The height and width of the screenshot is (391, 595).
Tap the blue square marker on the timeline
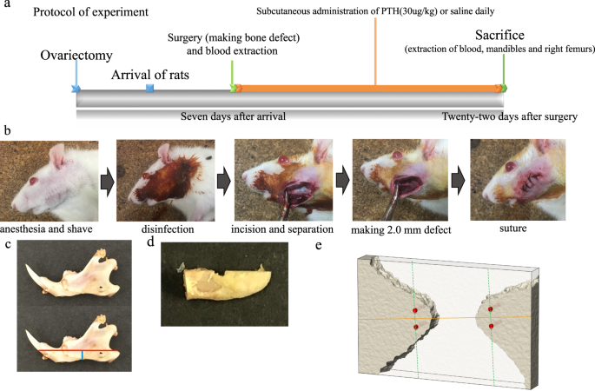[x=149, y=89]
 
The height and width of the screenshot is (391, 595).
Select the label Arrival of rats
[x=151, y=74]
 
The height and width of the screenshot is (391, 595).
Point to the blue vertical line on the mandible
[x=83, y=355]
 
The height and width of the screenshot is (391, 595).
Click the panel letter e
[x=319, y=246]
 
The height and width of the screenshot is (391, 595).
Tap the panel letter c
[x=7, y=246]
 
